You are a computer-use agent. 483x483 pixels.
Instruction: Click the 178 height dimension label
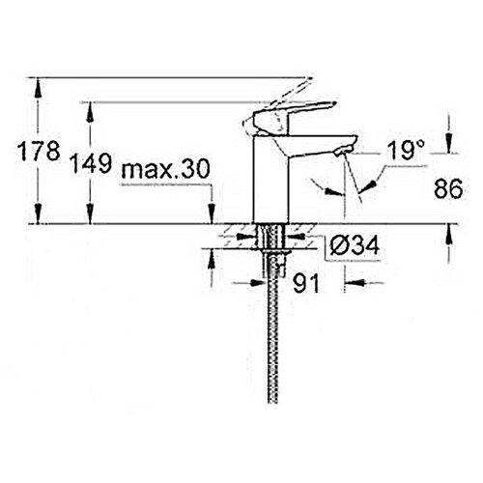coord(39,151)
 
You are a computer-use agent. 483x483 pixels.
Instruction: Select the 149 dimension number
coord(91,163)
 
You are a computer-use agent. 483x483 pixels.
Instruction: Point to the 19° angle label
coord(406,150)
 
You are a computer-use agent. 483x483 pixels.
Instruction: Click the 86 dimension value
coord(448,188)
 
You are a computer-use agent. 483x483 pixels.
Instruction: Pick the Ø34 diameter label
coord(355,246)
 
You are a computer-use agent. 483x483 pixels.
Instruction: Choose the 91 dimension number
coord(306,283)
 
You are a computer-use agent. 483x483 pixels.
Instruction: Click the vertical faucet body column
coord(270,180)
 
